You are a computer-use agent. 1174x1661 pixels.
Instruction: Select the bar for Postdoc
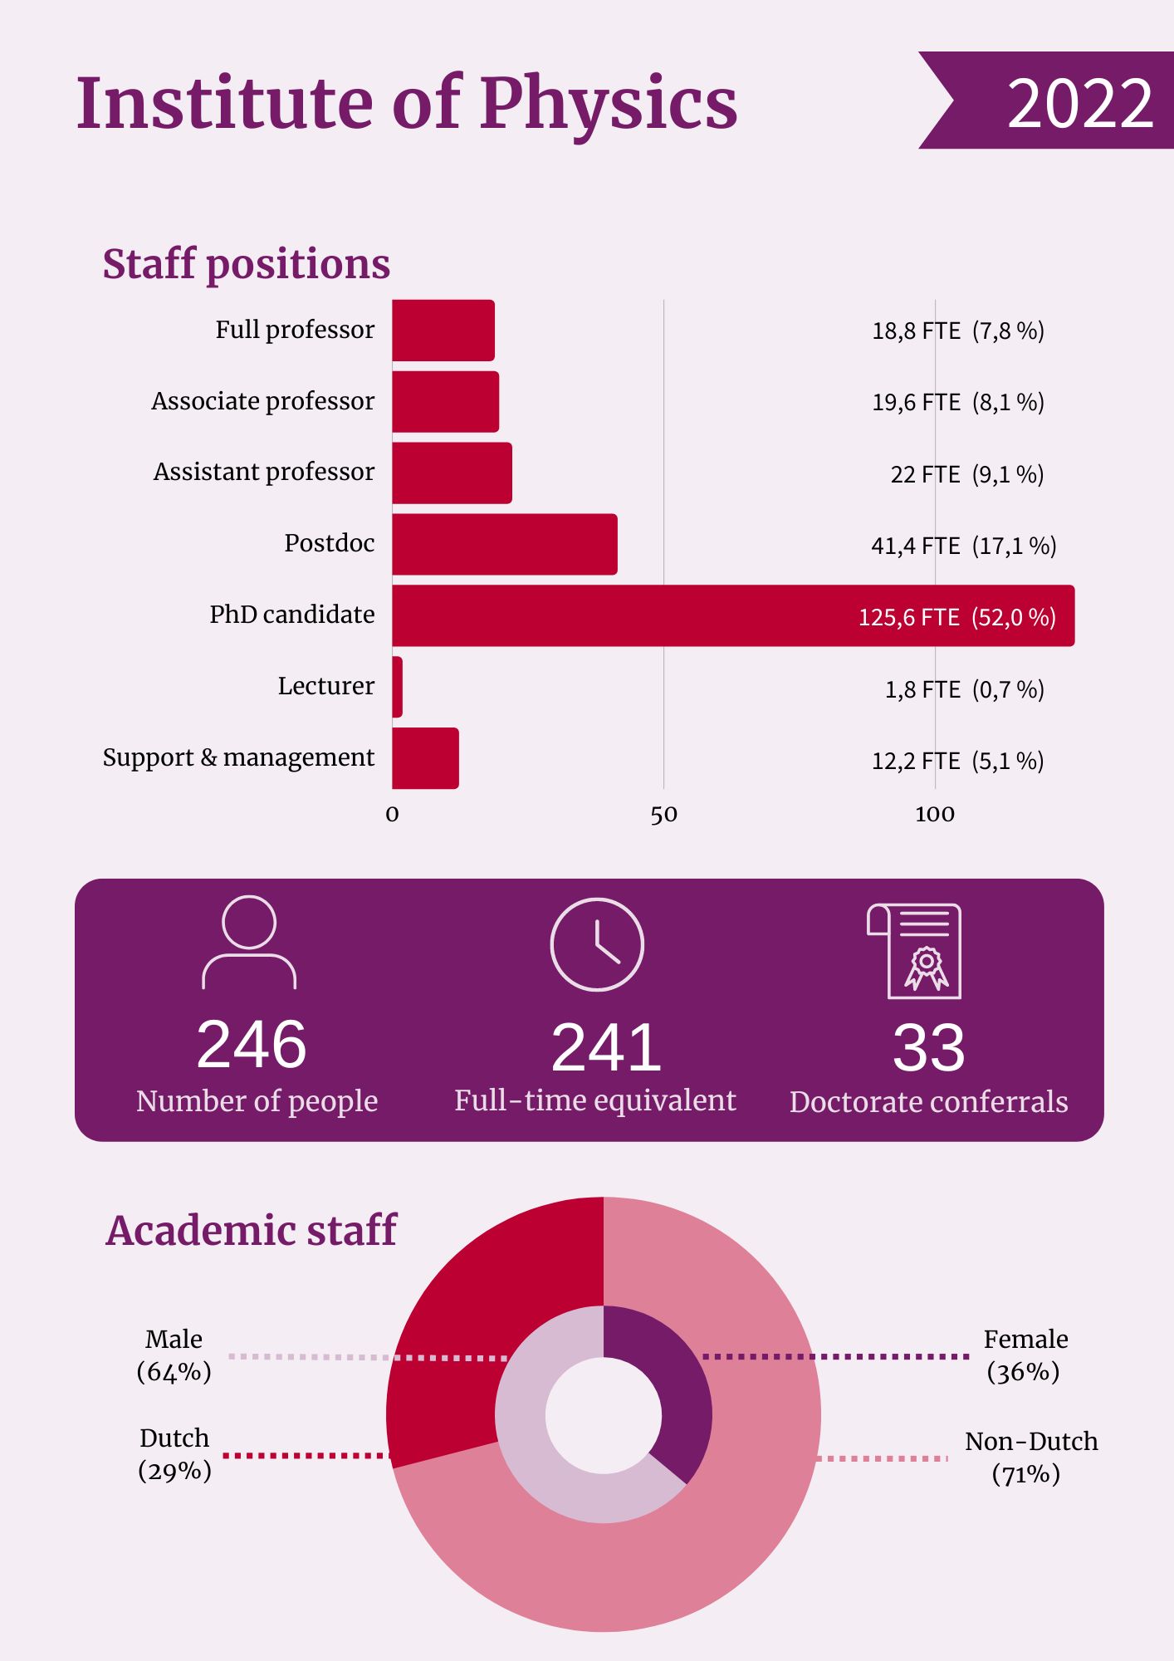click(x=504, y=544)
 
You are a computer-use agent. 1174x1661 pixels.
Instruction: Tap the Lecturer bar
click(x=398, y=687)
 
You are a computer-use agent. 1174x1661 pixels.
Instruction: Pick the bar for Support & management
click(x=425, y=758)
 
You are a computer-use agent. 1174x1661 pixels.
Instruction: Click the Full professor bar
click(x=443, y=330)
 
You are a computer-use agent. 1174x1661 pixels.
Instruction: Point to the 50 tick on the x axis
click(x=663, y=815)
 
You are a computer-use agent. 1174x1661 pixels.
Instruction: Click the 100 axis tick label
click(x=935, y=815)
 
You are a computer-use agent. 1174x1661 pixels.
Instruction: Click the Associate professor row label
click(x=262, y=401)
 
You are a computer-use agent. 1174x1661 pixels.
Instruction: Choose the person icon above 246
click(x=249, y=943)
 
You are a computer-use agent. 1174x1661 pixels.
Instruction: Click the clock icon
click(x=597, y=944)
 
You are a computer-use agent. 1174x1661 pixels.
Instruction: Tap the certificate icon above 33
click(x=915, y=951)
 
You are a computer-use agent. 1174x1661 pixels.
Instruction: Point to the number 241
click(x=606, y=1047)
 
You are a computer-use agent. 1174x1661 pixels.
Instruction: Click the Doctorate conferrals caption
click(x=928, y=1102)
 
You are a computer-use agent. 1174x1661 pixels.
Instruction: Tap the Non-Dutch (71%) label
click(x=1030, y=1458)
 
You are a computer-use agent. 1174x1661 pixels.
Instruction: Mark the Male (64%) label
click(x=174, y=1355)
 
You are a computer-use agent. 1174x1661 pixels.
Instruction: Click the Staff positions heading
click(x=246, y=264)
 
